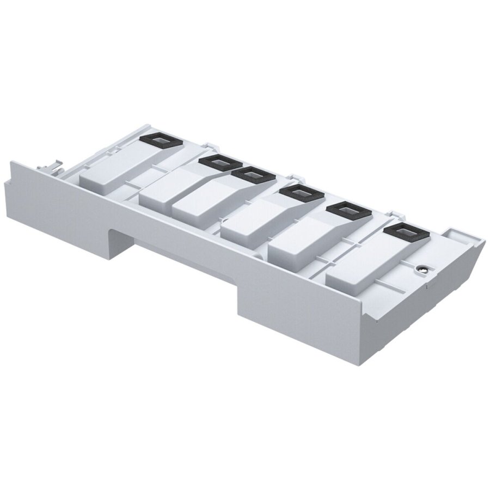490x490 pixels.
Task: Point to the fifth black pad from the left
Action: [347, 210]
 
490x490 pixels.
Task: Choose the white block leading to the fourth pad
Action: [250, 223]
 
